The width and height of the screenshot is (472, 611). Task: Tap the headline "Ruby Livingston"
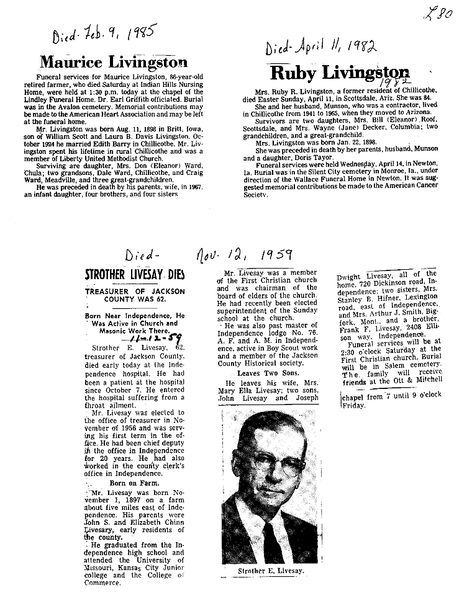click(340, 73)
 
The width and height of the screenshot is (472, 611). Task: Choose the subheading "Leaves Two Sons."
click(260, 373)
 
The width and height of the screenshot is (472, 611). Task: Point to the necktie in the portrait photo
click(273, 540)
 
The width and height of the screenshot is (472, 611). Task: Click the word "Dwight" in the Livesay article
click(348, 277)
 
